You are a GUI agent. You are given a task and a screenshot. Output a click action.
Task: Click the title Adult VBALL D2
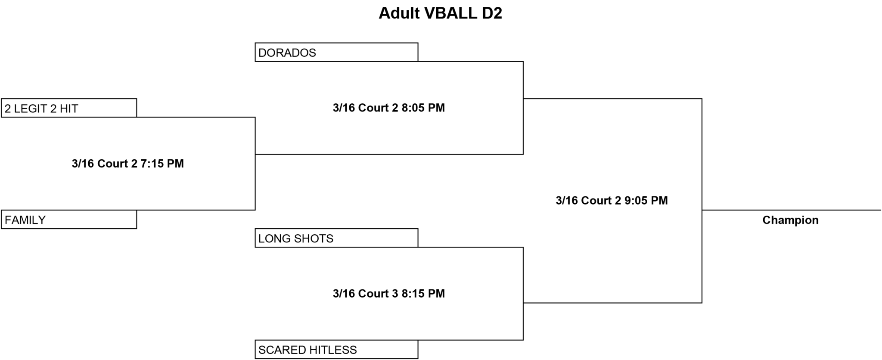click(x=440, y=13)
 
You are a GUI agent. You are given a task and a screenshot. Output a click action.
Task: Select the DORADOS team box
click(x=336, y=52)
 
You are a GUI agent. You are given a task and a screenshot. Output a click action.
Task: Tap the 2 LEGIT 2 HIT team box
click(x=69, y=108)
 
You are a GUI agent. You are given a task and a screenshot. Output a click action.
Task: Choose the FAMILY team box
click(x=69, y=219)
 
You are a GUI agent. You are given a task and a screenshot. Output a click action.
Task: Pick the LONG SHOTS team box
click(x=336, y=238)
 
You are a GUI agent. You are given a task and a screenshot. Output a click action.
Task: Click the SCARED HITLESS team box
click(x=336, y=349)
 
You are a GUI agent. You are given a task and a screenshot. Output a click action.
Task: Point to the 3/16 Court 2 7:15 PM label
click(x=128, y=164)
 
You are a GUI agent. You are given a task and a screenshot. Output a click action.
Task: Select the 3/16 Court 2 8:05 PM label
click(x=389, y=108)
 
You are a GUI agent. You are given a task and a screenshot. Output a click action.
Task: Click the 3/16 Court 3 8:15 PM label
click(x=389, y=294)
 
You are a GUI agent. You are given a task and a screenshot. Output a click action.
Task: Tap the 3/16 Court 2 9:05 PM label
click(x=612, y=201)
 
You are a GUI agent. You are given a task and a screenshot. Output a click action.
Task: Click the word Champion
click(x=790, y=220)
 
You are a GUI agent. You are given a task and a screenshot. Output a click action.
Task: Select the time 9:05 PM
click(x=646, y=201)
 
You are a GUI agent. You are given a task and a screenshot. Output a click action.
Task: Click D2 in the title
click(x=492, y=13)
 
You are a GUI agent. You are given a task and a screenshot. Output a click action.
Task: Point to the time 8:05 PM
click(x=423, y=108)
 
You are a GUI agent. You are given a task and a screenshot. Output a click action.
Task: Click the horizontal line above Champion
click(x=792, y=210)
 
